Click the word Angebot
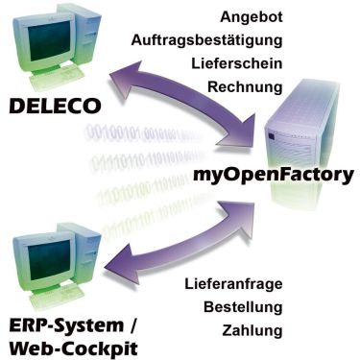[x=251, y=18]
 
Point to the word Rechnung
[x=245, y=87]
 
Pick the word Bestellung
[x=243, y=308]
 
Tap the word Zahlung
[x=251, y=331]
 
